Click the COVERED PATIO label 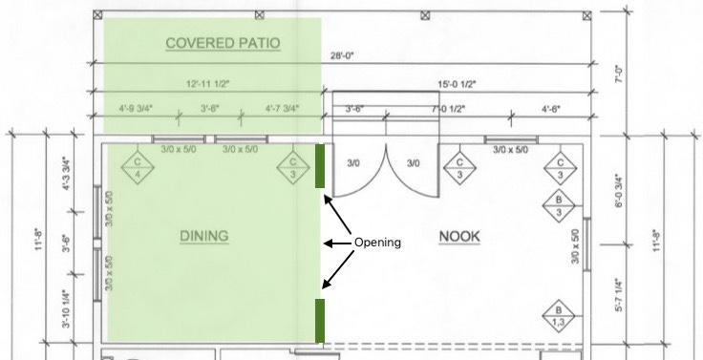[x=223, y=43]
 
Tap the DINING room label [x=204, y=236]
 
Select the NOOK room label [x=459, y=236]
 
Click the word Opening [x=377, y=243]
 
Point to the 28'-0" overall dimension [x=342, y=55]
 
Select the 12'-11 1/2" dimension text [x=207, y=83]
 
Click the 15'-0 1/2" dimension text [x=457, y=84]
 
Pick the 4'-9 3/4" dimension [x=136, y=109]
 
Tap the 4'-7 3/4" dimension [x=282, y=109]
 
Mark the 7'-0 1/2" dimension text [x=448, y=109]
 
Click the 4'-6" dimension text [x=551, y=109]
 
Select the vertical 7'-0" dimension [x=619, y=74]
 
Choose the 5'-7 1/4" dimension [x=619, y=295]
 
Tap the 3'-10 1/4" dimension [x=66, y=308]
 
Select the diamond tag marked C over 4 [x=138, y=167]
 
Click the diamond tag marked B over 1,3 [x=559, y=316]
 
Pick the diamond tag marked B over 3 [x=559, y=205]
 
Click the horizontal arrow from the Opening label [x=338, y=244]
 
